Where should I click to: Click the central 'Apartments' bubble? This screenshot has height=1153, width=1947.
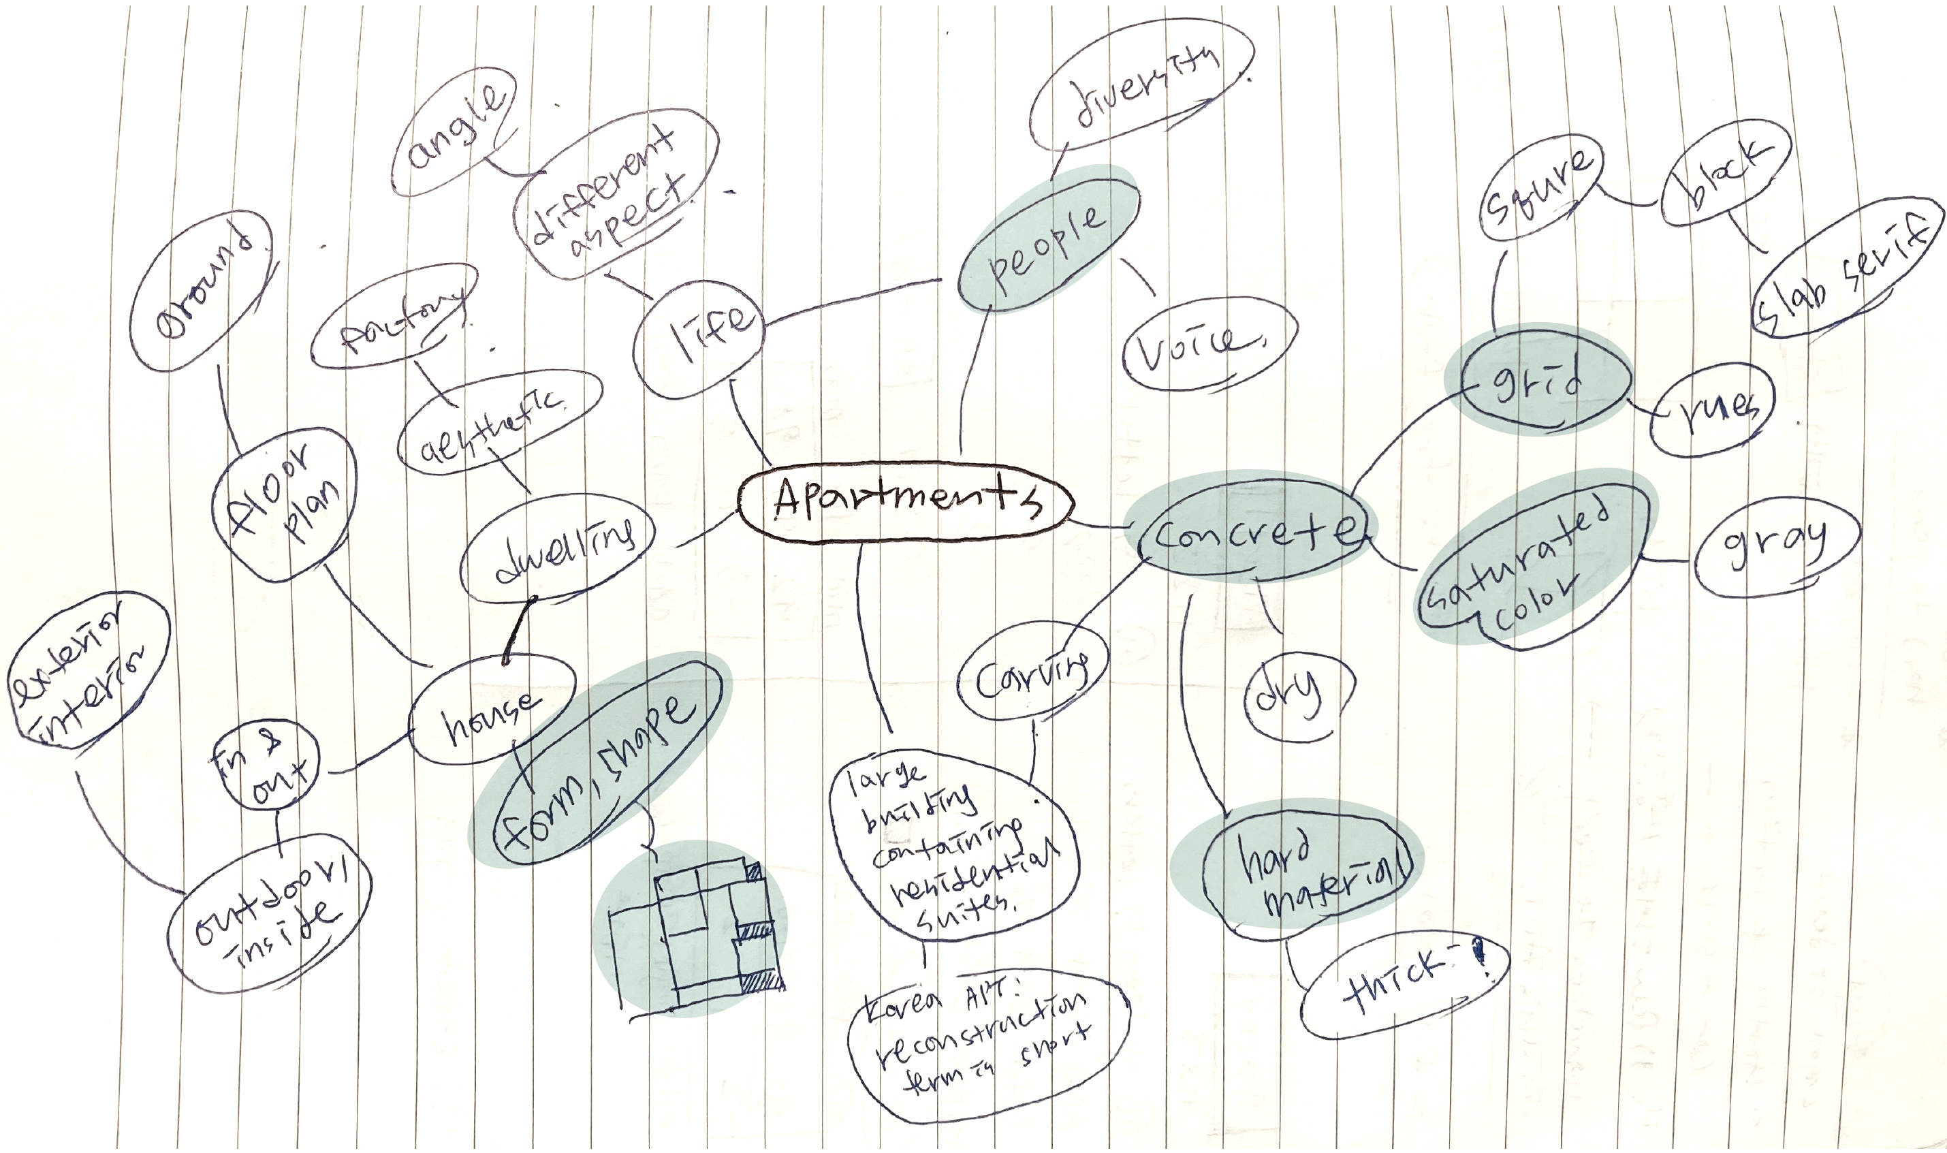pos(905,504)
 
